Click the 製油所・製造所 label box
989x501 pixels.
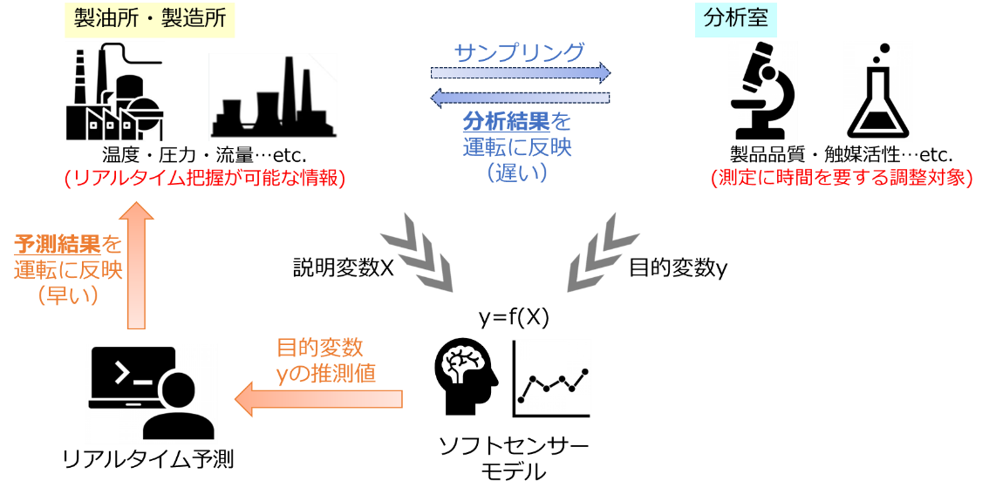[x=150, y=19]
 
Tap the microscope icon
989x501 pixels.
[x=762, y=91]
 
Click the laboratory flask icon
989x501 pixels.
[x=877, y=91]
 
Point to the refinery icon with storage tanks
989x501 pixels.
[x=114, y=91]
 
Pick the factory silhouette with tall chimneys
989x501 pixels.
[x=272, y=97]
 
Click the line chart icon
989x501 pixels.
[x=550, y=378]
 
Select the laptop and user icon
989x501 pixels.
[x=150, y=393]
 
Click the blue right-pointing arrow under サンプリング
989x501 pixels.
[x=520, y=73]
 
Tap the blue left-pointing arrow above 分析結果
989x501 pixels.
[x=520, y=97]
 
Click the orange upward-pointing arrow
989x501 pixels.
[x=136, y=265]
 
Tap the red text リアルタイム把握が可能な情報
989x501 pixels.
[x=205, y=178]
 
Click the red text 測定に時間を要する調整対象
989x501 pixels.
[x=842, y=178]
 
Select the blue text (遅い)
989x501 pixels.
[x=517, y=173]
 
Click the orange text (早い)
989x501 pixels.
[x=68, y=295]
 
